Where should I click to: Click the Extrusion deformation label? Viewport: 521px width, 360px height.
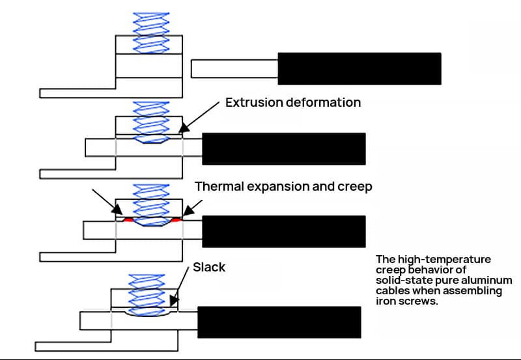click(x=292, y=102)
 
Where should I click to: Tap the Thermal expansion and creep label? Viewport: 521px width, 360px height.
click(x=283, y=186)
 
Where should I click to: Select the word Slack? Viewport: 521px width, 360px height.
click(x=209, y=268)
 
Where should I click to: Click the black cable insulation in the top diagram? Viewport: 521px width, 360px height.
click(x=359, y=68)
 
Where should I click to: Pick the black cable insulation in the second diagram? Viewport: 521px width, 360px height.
click(x=283, y=148)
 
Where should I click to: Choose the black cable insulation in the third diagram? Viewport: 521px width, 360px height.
click(x=283, y=232)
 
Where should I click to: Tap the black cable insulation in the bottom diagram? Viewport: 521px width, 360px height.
click(x=279, y=322)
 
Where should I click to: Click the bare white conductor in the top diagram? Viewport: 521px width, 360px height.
click(x=234, y=68)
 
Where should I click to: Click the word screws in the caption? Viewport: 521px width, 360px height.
click(x=417, y=302)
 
